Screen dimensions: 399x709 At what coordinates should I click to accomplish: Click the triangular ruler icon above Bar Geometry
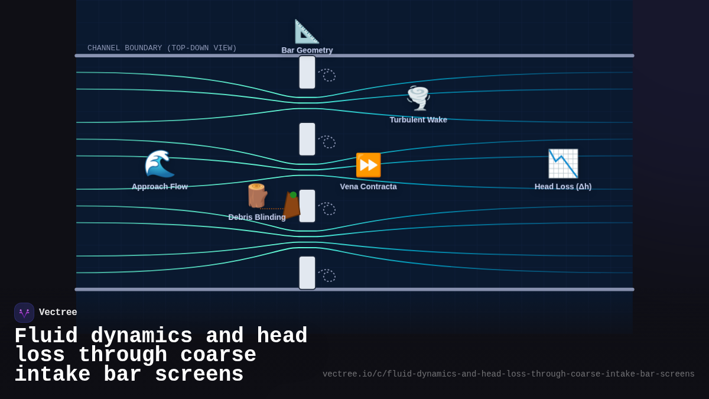coord(307,31)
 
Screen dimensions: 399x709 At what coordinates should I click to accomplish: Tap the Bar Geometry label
coord(307,50)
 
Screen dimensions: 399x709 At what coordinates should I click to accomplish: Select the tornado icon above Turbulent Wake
coord(418,98)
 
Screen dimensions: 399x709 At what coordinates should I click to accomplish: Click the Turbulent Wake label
coord(418,120)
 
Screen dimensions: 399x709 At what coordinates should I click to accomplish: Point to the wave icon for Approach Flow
coord(160,164)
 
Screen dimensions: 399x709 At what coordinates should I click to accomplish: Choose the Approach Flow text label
coord(160,187)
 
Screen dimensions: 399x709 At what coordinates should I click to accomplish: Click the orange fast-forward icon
coord(368,165)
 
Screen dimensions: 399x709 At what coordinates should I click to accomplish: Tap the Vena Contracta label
coord(368,187)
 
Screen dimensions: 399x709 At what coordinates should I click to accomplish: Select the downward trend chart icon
coord(562,164)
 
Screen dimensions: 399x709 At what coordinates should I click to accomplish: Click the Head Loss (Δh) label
coord(563,187)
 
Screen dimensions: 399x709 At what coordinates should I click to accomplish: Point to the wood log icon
coord(257,196)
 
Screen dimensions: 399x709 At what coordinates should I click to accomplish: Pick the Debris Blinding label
coord(257,218)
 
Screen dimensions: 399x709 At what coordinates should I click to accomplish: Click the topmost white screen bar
coord(307,72)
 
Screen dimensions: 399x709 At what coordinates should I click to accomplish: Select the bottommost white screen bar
coord(307,273)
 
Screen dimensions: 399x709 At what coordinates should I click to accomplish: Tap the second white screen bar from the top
coord(307,139)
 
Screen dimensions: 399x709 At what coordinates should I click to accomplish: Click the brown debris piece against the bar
coord(291,205)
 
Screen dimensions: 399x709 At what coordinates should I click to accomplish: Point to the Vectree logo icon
coord(24,313)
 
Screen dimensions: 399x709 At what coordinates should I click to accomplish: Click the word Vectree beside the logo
coord(58,313)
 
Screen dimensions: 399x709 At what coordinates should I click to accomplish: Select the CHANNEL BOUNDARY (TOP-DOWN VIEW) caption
coord(162,48)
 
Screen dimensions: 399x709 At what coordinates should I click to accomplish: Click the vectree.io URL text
coord(508,374)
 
